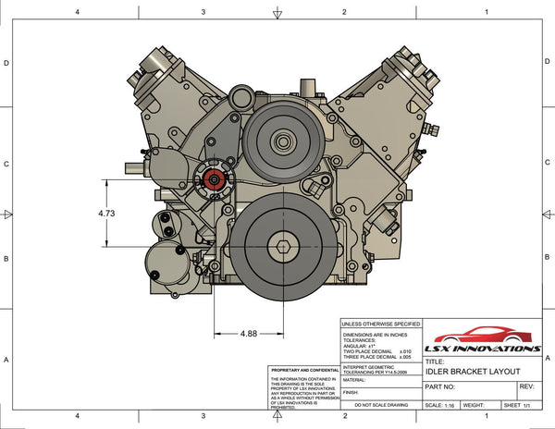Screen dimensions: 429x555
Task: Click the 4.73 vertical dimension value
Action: tap(108, 214)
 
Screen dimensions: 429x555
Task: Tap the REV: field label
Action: tap(527, 386)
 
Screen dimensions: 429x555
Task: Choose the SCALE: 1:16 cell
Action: tap(439, 405)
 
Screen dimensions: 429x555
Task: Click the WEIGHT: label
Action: tap(475, 405)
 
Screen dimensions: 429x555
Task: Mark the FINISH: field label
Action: tap(351, 392)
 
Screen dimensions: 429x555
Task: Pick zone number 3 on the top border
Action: tap(203, 12)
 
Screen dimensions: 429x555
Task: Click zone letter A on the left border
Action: tap(7, 360)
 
